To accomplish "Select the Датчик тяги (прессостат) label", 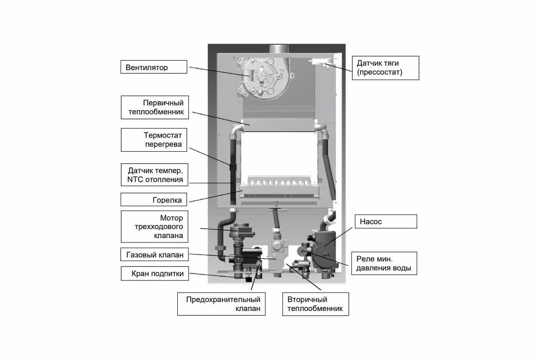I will [x=385, y=67].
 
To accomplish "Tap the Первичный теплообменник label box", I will [x=154, y=107].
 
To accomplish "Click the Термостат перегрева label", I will [x=154, y=139].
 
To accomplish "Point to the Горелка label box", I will [x=154, y=200].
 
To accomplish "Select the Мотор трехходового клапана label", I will [x=154, y=227].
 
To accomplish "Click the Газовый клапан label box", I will [x=154, y=255].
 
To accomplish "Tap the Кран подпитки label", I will [x=154, y=274].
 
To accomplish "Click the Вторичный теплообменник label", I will [x=315, y=304].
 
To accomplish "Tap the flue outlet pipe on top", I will [x=281, y=49].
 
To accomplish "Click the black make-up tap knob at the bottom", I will [x=247, y=279].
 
